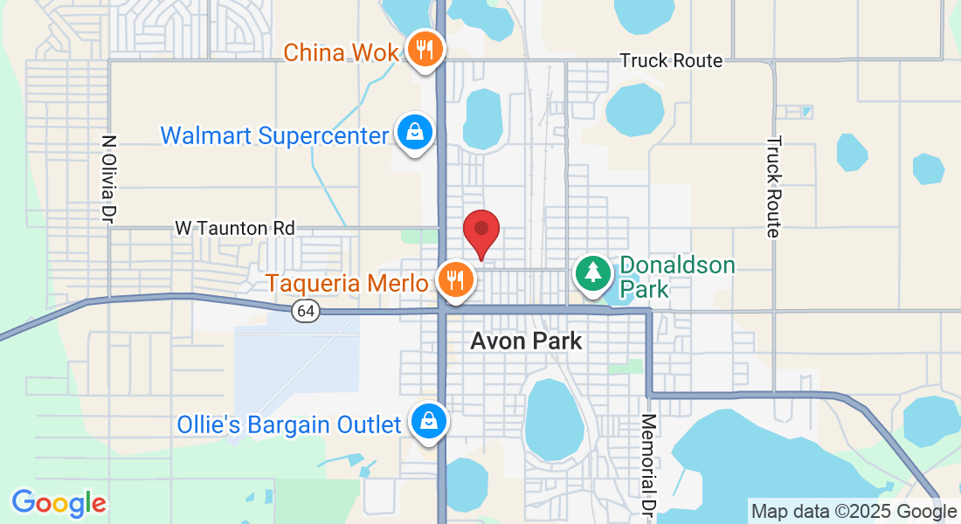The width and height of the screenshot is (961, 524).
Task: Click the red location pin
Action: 480,231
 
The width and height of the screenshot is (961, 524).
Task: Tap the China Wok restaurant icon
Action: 425,50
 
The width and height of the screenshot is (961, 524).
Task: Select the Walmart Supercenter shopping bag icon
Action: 414,133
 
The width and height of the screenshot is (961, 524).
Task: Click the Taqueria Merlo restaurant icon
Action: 454,279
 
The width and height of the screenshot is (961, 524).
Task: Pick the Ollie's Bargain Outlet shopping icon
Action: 430,421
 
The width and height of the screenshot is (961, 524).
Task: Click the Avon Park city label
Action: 526,341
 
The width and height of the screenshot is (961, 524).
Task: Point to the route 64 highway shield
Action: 305,311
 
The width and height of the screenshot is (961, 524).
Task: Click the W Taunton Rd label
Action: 235,228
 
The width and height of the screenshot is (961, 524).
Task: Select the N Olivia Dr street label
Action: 109,177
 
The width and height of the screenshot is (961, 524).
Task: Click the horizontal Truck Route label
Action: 671,60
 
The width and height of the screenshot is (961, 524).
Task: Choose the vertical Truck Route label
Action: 773,186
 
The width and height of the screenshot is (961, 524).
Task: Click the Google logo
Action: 59,503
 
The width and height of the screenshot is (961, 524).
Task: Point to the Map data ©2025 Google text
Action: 854,512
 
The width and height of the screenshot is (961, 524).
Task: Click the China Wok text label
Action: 342,52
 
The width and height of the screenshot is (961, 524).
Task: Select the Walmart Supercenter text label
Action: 274,136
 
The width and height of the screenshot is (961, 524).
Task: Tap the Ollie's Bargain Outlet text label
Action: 289,425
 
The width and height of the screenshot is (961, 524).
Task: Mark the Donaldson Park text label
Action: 677,277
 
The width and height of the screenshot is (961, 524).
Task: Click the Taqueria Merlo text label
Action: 348,283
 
